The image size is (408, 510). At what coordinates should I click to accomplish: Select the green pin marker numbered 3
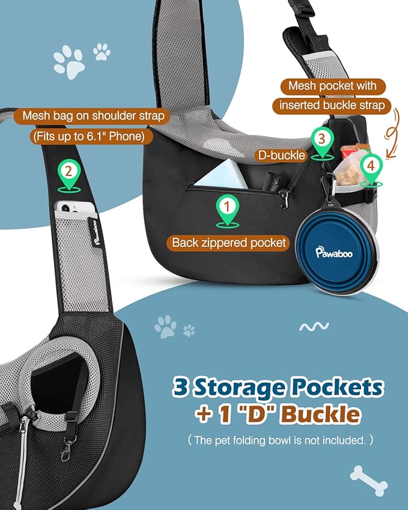pos(322,144)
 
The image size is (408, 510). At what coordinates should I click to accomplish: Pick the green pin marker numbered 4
pos(371,171)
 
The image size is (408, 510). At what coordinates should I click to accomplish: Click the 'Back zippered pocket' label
pos(229,243)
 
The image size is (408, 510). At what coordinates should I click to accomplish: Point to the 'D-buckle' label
pos(281,155)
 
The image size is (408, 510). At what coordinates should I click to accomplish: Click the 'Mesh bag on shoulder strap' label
pos(93,116)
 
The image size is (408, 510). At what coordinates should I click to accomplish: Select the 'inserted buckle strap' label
pos(332,105)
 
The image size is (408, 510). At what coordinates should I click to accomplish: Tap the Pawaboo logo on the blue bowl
pos(334,252)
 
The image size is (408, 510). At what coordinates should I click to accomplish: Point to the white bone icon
pos(368,481)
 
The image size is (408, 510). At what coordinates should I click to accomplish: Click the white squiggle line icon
pos(314,326)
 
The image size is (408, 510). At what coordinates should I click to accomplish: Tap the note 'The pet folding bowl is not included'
pos(280,440)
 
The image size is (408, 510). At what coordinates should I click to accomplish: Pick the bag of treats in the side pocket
pos(350,170)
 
